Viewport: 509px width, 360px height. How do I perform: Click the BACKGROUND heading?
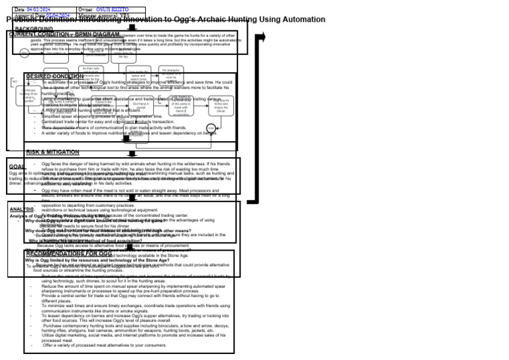coord(34,29)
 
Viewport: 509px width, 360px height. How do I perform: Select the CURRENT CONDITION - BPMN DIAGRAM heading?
coord(64,34)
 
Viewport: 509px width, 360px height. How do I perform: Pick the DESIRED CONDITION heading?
coord(55,77)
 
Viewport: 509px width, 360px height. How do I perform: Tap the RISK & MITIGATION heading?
coord(52,152)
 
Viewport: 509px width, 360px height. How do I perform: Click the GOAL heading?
coord(17,166)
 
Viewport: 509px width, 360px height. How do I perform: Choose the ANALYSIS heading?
coord(22,210)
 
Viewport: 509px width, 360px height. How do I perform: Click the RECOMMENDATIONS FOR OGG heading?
coord(69,254)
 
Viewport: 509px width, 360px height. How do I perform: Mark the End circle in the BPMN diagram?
coord(211,128)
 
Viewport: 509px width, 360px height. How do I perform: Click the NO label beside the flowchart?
coord(14,82)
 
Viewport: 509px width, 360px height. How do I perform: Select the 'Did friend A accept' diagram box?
coord(141,105)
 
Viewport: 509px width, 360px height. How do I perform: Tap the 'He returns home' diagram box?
coord(221,106)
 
